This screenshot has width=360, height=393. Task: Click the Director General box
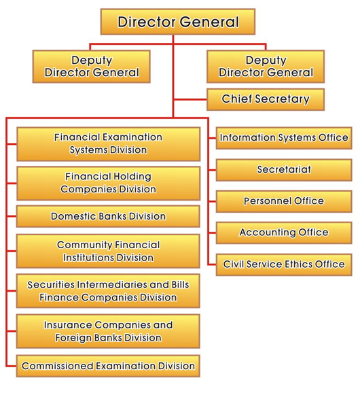coord(178,22)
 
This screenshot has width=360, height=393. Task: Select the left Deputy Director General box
coord(92,66)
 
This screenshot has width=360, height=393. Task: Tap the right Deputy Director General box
coord(266,66)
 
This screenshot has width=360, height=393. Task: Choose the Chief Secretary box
coord(266,99)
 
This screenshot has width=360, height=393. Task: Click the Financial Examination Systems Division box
coord(108,143)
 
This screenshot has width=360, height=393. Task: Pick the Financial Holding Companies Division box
coord(108,183)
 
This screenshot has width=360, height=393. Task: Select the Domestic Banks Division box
coord(108,216)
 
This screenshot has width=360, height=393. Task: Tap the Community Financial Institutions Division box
coord(108,251)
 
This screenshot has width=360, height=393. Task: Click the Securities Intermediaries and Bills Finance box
coord(108,290)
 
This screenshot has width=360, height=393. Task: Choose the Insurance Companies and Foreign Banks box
coord(108,331)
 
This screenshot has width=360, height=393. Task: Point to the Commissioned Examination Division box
coord(108,366)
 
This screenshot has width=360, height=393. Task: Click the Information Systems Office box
coord(284,138)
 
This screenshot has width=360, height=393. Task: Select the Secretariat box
coord(284,169)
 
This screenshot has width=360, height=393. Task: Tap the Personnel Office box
coord(284,201)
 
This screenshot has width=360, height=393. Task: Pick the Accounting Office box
coord(284,233)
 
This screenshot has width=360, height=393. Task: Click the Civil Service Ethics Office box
coord(284,264)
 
